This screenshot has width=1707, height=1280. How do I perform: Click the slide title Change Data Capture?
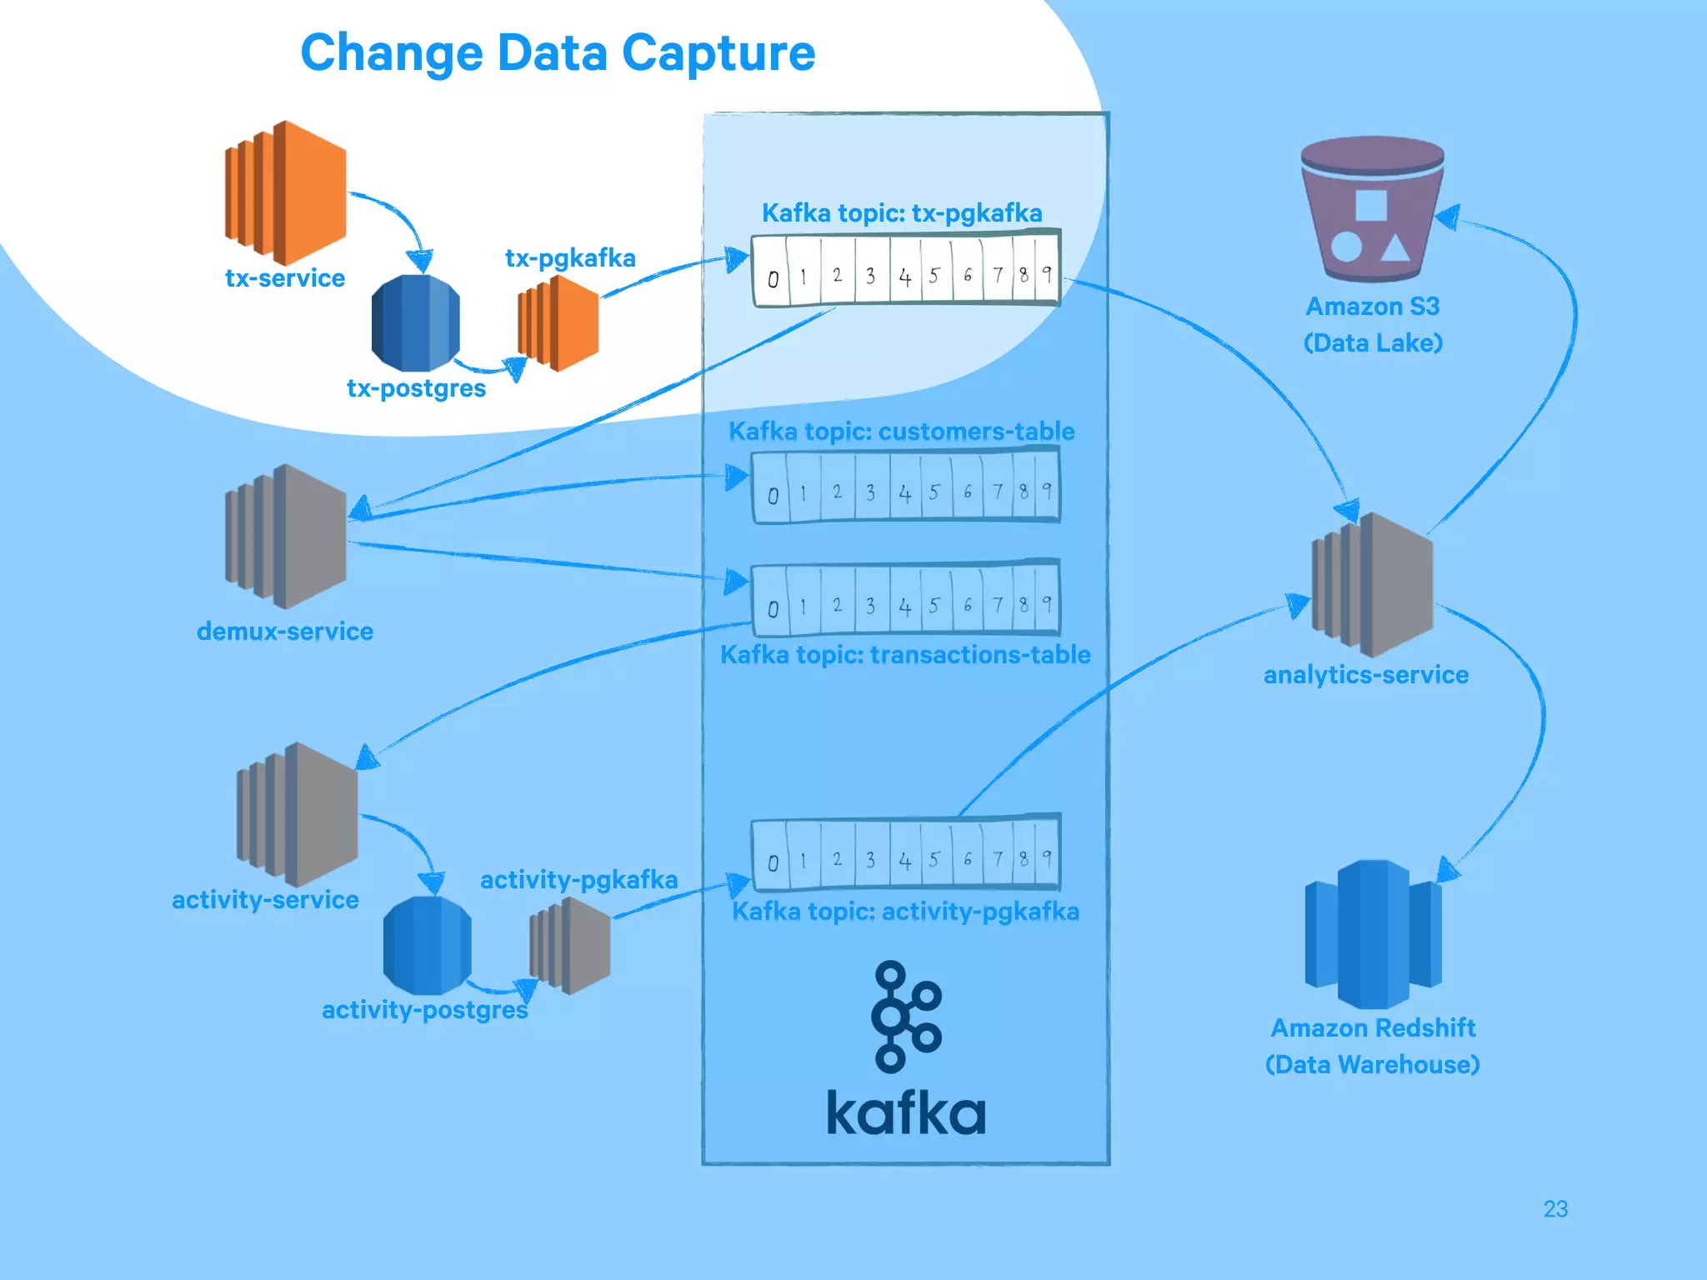point(558,53)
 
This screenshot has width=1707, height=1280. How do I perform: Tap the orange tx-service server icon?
point(286,193)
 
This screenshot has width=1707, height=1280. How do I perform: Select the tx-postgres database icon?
point(415,323)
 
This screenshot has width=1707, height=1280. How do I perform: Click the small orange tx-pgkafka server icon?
point(558,323)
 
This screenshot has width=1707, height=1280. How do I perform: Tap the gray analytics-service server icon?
point(1373,585)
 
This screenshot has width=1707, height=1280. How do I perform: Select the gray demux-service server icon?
point(286,537)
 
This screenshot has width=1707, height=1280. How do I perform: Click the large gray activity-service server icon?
point(298,815)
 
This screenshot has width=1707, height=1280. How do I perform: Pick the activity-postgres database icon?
point(427,946)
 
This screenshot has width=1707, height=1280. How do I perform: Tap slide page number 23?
point(1554,1208)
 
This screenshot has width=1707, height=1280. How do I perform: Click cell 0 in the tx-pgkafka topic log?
point(773,277)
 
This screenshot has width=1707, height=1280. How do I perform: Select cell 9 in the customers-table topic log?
point(1047,492)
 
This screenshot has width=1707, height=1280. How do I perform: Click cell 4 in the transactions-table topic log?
point(905,607)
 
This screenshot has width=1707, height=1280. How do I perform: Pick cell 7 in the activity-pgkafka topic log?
point(997,859)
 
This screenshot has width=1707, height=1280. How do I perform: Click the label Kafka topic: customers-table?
point(901,431)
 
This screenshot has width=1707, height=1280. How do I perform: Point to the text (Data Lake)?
point(1373,343)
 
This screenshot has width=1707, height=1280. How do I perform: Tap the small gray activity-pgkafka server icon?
point(571,946)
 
